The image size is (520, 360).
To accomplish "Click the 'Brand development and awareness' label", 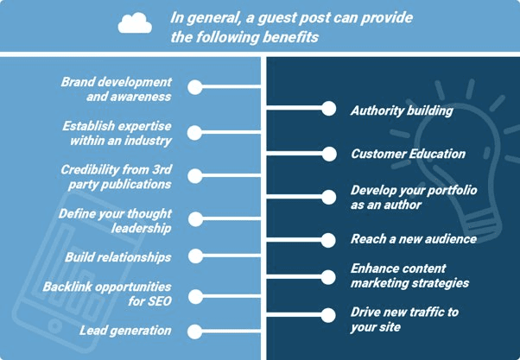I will [x=117, y=89].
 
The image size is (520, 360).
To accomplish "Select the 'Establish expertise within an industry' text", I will [x=117, y=133].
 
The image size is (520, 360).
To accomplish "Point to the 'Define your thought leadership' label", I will [x=116, y=220].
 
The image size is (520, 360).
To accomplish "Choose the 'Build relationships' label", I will [x=118, y=257].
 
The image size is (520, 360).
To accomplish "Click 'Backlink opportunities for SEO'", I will [x=117, y=293].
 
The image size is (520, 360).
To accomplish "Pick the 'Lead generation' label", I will [x=125, y=331].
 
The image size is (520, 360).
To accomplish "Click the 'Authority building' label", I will [x=402, y=111].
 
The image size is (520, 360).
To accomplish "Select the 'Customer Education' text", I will [x=409, y=154].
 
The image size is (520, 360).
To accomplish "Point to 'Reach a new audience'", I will [x=412, y=238].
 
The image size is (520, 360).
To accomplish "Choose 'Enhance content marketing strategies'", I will [x=409, y=275].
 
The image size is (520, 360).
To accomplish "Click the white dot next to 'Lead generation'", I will [x=194, y=331].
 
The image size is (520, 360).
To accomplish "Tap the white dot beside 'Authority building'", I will [x=328, y=109].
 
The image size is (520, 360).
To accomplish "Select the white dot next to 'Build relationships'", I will [x=194, y=256].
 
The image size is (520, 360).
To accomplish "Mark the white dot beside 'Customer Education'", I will [x=328, y=154].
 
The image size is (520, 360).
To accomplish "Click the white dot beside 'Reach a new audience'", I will [x=328, y=238].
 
